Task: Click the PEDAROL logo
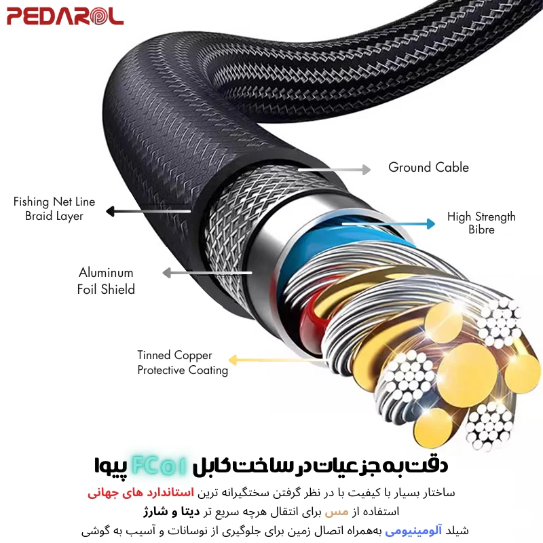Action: (x=65, y=16)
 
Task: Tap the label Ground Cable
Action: (x=428, y=167)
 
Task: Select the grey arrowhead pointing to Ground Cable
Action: (x=367, y=170)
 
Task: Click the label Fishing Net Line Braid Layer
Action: (x=54, y=208)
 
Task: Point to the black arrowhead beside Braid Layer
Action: (x=111, y=211)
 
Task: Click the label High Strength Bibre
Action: (x=481, y=223)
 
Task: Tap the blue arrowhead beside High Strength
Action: (x=431, y=224)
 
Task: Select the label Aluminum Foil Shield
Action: (x=106, y=281)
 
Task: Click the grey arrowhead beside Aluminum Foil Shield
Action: (x=167, y=273)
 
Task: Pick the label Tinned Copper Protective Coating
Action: (x=183, y=362)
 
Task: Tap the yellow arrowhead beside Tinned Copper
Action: (x=233, y=360)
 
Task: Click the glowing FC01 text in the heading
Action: (x=160, y=466)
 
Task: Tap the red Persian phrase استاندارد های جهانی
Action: (x=141, y=493)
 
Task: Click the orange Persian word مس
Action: (x=337, y=512)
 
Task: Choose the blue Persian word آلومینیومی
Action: (x=413, y=531)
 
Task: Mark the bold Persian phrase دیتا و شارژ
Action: (x=172, y=512)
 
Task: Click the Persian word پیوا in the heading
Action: (x=111, y=466)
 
